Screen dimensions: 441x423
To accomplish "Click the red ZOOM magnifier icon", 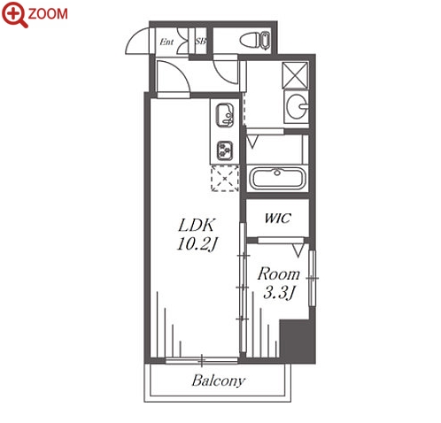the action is click(14, 14).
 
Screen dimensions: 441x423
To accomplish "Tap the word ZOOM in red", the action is click(48, 14).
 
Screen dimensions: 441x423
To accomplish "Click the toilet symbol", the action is click(255, 41).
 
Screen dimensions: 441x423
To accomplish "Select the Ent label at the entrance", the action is click(166, 42).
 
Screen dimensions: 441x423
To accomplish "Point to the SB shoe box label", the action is click(200, 42).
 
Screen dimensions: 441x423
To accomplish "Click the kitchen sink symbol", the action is click(225, 115).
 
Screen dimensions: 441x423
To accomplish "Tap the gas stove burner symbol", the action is click(225, 150).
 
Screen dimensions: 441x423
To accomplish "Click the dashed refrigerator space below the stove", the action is click(225, 179).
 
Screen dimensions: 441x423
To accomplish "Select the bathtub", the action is click(277, 178).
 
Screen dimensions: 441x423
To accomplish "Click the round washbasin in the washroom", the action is click(297, 106).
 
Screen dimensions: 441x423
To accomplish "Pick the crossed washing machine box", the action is click(295, 75).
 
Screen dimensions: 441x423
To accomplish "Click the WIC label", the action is click(278, 218).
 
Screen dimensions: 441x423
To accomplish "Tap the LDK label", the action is click(197, 226).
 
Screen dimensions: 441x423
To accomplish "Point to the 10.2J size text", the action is click(197, 244).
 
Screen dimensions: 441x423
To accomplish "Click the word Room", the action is click(278, 274).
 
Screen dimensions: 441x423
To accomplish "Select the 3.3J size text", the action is click(278, 292).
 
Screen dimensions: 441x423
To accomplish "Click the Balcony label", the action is click(219, 381).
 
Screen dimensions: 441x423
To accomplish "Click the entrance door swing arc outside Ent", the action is click(133, 38).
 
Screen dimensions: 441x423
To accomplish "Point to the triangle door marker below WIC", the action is click(298, 250).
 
